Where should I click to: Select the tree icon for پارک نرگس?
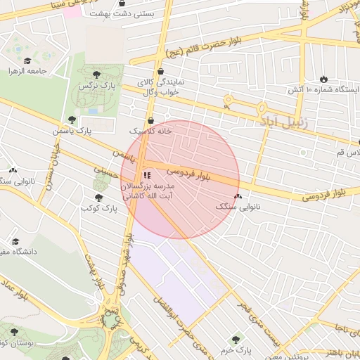[x=96, y=75]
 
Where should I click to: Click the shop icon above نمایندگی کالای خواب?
[x=161, y=71]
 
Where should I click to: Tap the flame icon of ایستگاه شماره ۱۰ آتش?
[x=323, y=79]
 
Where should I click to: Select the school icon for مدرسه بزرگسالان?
[x=146, y=175]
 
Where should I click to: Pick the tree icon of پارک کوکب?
[x=98, y=198]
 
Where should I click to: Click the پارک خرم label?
[x=235, y=349]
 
